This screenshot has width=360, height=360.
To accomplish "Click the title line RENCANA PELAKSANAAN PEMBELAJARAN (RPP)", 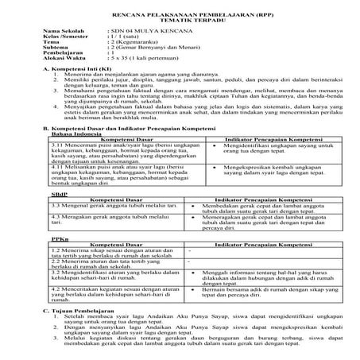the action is point(180,14).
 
